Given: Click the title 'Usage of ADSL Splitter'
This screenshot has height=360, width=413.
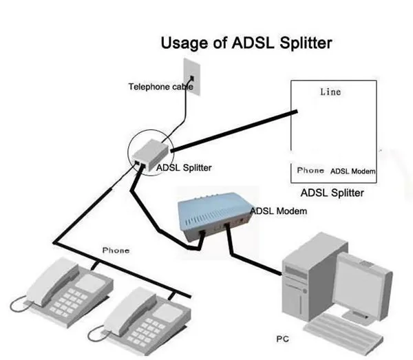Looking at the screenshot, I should [246, 43].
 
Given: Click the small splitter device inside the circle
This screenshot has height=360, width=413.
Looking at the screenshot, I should [150, 149].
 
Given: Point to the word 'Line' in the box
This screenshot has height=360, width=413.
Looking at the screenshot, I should [330, 92].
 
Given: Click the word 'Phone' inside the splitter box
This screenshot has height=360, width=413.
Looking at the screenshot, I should [310, 170].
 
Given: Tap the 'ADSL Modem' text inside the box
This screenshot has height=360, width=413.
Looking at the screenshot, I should [352, 171].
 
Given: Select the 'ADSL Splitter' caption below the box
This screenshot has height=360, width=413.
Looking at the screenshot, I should [332, 193].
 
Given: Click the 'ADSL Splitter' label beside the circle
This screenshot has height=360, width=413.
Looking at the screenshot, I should [184, 167].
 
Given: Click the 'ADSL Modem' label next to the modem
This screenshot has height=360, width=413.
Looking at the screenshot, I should [279, 211].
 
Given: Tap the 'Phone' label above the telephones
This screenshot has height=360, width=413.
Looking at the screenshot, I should [116, 251].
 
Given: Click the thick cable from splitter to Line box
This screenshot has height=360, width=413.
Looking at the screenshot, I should [234, 131].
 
